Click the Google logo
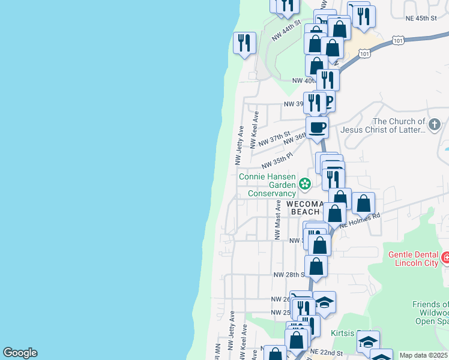[20, 353]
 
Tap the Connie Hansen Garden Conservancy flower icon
[305, 184]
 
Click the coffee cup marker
[317, 127]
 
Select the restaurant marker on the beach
[244, 43]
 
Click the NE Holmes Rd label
[360, 220]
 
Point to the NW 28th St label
[286, 274]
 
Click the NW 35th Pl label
[277, 160]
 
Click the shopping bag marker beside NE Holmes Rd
[364, 203]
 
